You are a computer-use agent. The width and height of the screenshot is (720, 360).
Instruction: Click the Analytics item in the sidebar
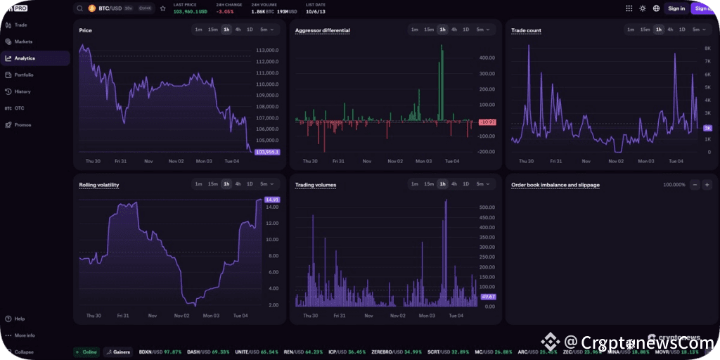(x=25, y=58)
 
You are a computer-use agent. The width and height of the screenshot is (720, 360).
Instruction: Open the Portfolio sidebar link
(x=24, y=75)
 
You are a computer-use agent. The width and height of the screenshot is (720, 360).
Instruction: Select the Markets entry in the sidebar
(x=23, y=41)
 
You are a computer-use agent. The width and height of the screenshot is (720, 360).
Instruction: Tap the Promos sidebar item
(x=22, y=124)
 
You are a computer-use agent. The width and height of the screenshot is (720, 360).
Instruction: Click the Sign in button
(x=676, y=8)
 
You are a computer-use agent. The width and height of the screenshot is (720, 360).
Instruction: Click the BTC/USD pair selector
(x=109, y=8)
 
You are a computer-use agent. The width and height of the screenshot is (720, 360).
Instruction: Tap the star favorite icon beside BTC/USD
(x=163, y=8)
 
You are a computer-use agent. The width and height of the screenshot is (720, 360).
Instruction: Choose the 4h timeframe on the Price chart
(x=238, y=30)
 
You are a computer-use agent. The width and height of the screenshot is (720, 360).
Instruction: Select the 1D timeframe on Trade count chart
(x=682, y=30)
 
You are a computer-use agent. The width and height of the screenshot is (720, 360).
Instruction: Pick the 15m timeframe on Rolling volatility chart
(x=212, y=184)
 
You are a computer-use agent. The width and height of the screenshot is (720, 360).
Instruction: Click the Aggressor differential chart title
(x=322, y=30)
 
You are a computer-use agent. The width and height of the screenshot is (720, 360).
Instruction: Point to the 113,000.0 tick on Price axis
(x=268, y=51)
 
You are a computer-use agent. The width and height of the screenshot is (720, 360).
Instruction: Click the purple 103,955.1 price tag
(x=267, y=152)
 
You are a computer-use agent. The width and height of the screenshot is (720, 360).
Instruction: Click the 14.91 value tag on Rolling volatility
(x=273, y=200)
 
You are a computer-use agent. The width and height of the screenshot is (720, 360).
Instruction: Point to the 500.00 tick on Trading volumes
(x=487, y=207)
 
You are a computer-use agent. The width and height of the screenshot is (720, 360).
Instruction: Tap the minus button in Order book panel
(x=694, y=185)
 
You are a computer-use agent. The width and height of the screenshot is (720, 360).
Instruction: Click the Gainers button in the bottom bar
(x=118, y=352)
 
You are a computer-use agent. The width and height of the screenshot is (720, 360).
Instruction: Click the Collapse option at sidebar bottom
(x=24, y=352)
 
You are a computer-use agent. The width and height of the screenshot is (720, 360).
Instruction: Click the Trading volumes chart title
(x=315, y=185)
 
